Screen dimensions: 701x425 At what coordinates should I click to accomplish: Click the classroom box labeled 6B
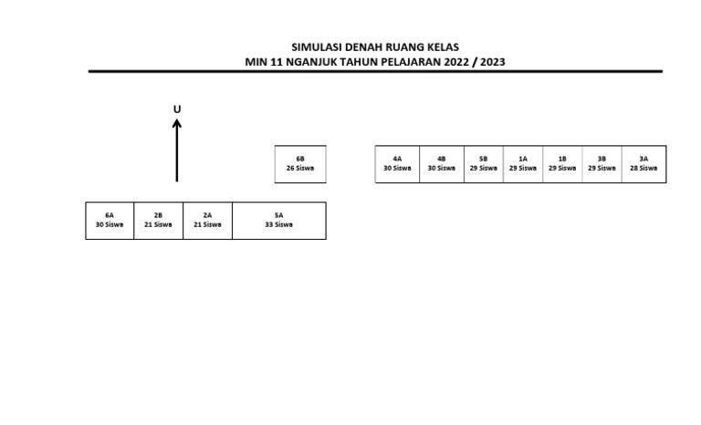coord(300,164)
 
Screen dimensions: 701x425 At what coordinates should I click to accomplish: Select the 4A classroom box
coord(397,164)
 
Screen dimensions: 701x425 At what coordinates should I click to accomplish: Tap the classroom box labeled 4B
coord(442,164)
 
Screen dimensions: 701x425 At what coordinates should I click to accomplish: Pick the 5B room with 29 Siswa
coord(484,164)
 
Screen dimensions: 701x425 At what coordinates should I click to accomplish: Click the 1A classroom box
coord(523,164)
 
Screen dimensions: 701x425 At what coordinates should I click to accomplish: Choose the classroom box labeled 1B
coord(562,164)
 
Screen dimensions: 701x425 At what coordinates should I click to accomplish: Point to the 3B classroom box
coord(602,164)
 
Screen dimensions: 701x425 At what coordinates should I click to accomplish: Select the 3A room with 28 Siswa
coord(643,164)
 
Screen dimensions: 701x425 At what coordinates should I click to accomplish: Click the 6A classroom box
coord(110,221)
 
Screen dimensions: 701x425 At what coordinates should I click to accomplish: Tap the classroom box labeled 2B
coord(158,221)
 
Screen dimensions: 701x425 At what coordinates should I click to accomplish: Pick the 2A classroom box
coord(207,221)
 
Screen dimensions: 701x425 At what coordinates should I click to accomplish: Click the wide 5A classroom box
coord(278,221)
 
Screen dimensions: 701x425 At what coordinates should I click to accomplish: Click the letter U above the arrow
coord(177,109)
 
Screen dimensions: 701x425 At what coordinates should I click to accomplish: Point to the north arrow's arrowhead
coord(177,122)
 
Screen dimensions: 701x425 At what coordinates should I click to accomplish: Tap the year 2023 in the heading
coord(490,62)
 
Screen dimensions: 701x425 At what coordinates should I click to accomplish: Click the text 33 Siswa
coord(278,224)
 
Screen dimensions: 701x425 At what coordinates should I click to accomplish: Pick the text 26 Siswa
coord(300,168)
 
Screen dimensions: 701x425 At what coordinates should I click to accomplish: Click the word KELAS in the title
coord(441,47)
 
